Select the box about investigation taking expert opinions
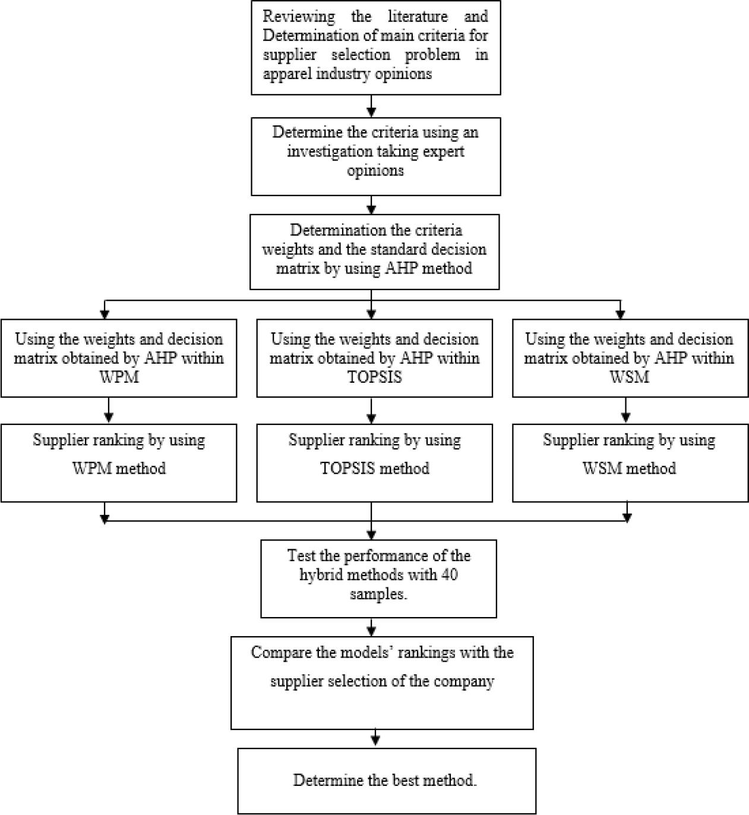point(375,156)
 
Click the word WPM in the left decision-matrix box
point(119,377)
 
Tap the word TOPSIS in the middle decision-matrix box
point(374,377)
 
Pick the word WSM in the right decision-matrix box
point(630,377)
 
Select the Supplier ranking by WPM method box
point(119,462)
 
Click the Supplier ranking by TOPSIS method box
point(374,462)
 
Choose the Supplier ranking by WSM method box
point(630,462)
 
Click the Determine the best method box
point(386,781)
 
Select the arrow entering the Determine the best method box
point(375,738)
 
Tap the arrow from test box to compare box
point(371,627)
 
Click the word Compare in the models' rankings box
point(277,653)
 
